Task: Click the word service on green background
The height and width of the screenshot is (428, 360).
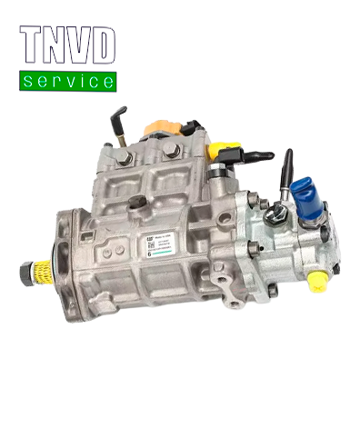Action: coord(68,82)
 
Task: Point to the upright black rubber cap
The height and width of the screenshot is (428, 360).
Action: coord(288,165)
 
